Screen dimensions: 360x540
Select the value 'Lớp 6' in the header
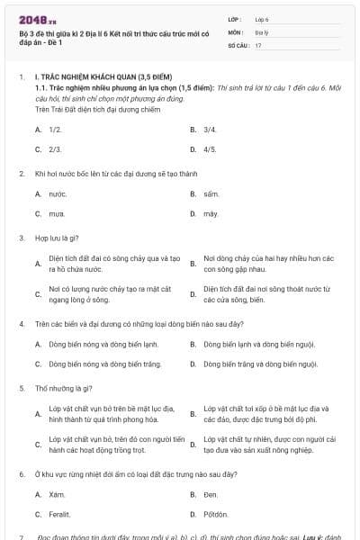tap(263, 18)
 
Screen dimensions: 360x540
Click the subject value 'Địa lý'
tap(262, 31)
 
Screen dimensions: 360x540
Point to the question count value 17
tap(258, 44)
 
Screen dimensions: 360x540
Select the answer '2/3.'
tap(55, 148)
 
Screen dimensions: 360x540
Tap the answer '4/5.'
tap(210, 148)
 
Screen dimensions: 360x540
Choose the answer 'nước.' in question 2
tap(58, 193)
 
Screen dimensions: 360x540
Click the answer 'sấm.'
tap(211, 193)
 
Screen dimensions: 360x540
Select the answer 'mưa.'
tap(58, 213)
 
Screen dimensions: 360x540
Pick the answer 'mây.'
tap(211, 213)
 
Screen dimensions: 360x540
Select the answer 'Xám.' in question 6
tap(58, 494)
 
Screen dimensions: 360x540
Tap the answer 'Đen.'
tap(211, 494)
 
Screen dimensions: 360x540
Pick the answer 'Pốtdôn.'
tap(216, 514)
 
